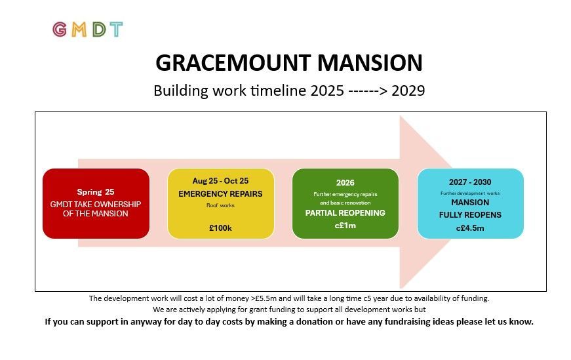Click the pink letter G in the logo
tap(60, 30)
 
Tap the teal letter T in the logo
tap(116, 30)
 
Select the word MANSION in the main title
tap(370, 63)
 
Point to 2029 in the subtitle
tap(408, 90)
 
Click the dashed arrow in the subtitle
tap(367, 91)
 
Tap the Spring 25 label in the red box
tap(96, 192)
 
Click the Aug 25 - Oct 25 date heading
tap(220, 181)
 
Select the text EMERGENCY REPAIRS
tap(220, 194)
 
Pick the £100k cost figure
tap(220, 228)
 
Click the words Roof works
tap(220, 205)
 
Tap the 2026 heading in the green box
tap(345, 182)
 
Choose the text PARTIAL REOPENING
tap(345, 213)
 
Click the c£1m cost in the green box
tap(345, 226)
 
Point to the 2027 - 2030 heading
tap(470, 182)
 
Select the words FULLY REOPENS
tap(470, 215)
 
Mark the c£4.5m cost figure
tap(470, 228)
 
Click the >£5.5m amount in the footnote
tap(264, 298)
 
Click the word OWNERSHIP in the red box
tap(119, 205)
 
